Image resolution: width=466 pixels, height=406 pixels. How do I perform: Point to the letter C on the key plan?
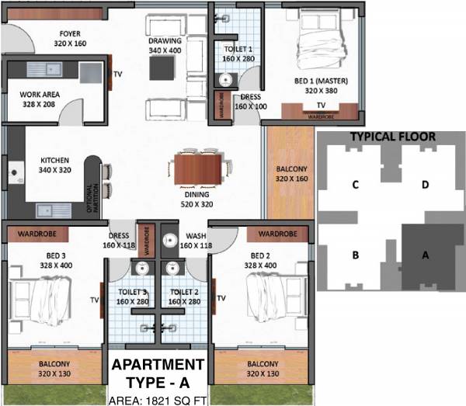pyautogui.click(x=354, y=185)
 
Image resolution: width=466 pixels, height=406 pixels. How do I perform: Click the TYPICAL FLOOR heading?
pyautogui.click(x=392, y=137)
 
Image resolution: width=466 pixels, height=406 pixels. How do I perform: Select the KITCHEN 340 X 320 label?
pyautogui.click(x=55, y=166)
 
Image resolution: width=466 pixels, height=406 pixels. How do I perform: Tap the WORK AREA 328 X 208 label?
pyautogui.click(x=38, y=99)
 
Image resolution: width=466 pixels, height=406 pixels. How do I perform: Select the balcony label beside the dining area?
pyautogui.click(x=291, y=173)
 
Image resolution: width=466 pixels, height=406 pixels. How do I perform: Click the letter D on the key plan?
pyautogui.click(x=425, y=185)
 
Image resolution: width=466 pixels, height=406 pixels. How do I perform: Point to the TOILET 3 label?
pyautogui.click(x=133, y=296)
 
